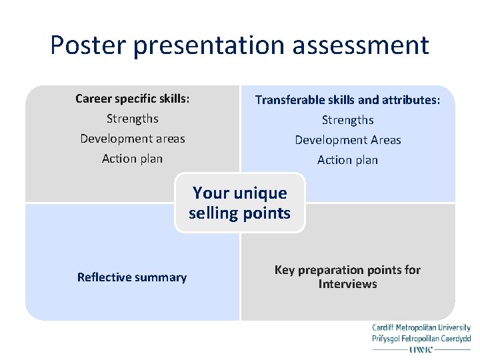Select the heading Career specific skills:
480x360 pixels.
pyautogui.click(x=132, y=99)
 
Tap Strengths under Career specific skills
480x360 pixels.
pyautogui.click(x=132, y=119)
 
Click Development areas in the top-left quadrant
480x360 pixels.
pyautogui.click(x=132, y=139)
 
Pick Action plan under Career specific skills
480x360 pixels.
pyautogui.click(x=132, y=159)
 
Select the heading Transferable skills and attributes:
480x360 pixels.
pyautogui.click(x=347, y=100)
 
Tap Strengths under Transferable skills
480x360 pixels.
pyautogui.click(x=347, y=120)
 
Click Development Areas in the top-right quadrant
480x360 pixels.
pyautogui.click(x=347, y=140)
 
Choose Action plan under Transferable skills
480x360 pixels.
pyautogui.click(x=347, y=160)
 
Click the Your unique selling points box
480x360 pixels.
pyautogui.click(x=240, y=203)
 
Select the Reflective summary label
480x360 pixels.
pyautogui.click(x=132, y=277)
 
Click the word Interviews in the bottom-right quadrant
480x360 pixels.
pyautogui.click(x=347, y=285)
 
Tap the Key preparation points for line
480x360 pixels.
pyautogui.click(x=347, y=270)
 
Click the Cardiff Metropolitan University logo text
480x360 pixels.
pyautogui.click(x=421, y=328)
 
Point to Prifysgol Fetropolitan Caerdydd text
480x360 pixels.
pyautogui.click(x=421, y=339)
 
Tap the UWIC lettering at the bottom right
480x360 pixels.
pyautogui.click(x=421, y=349)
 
